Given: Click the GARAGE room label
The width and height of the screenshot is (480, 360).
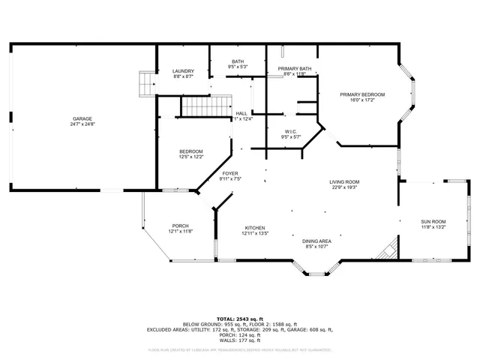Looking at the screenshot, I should [82, 119].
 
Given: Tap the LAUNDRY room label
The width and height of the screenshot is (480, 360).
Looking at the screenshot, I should [183, 71].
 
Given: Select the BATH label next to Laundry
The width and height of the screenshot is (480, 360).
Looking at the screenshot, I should [238, 62].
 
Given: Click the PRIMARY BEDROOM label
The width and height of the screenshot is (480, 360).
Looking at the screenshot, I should [361, 94].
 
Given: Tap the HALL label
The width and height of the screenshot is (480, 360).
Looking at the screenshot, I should [241, 113].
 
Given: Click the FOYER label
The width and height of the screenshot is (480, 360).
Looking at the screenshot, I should [229, 173].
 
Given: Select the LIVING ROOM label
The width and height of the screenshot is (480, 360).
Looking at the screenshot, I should [344, 181].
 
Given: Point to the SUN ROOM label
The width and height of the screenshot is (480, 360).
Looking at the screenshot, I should [433, 221].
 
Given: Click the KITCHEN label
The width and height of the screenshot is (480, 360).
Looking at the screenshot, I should [254, 228].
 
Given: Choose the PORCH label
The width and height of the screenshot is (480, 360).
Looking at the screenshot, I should [180, 226].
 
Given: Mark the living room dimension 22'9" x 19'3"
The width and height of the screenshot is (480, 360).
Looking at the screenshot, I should [344, 187].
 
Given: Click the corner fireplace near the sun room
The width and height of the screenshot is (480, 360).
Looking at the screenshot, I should [388, 250].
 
